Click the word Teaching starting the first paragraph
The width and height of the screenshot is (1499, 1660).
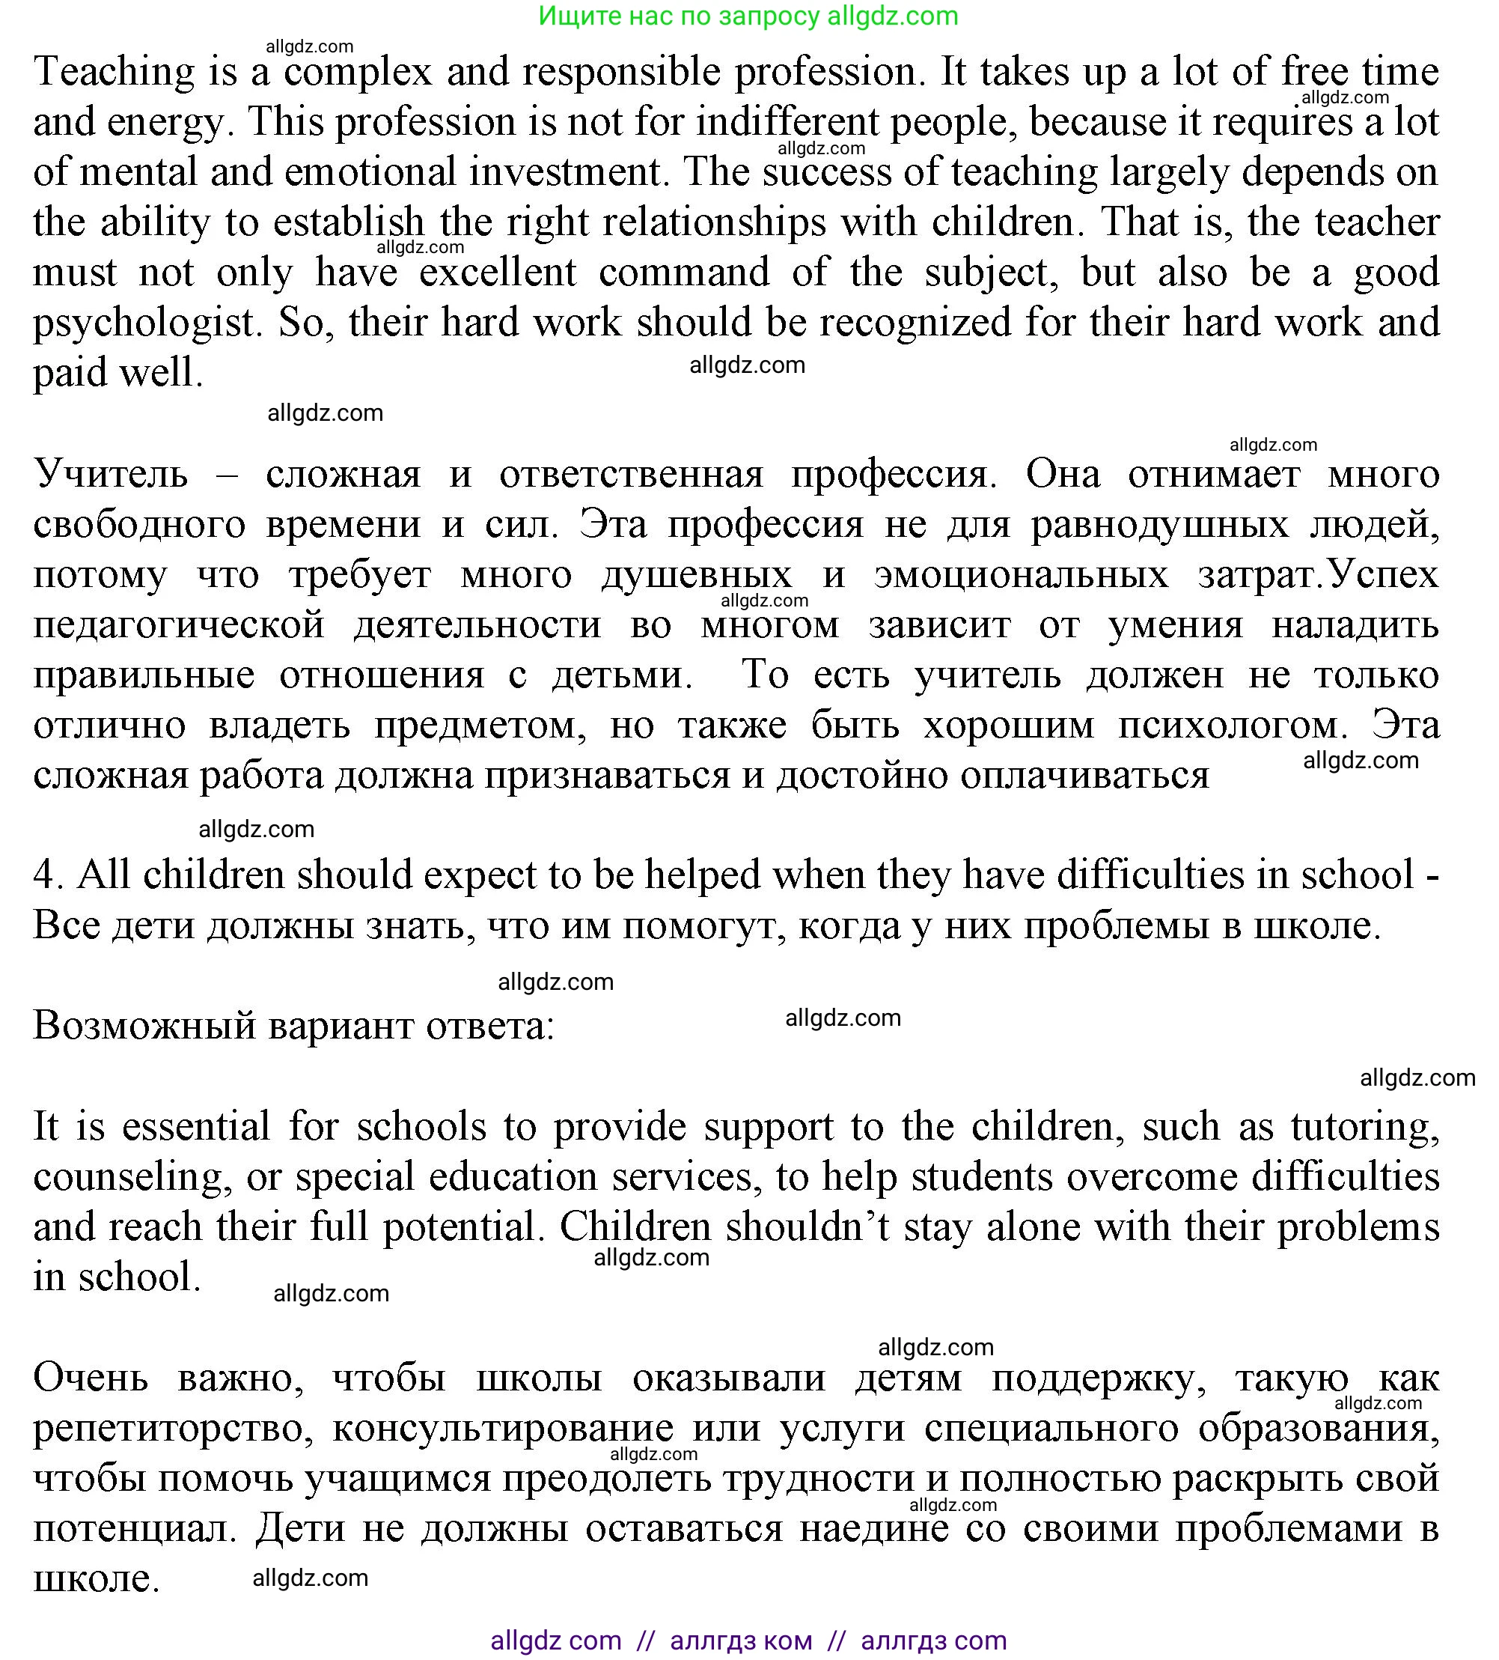[114, 73]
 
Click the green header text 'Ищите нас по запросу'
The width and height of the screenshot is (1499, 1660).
[678, 16]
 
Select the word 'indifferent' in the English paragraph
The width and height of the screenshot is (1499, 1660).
[788, 123]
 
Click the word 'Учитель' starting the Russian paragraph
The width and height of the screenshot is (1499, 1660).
[111, 474]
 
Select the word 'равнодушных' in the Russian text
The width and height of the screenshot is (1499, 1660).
[1159, 525]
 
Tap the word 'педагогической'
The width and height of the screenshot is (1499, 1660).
[179, 625]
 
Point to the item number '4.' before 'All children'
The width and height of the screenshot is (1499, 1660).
[48, 875]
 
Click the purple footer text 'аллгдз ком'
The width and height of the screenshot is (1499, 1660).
[741, 1641]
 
